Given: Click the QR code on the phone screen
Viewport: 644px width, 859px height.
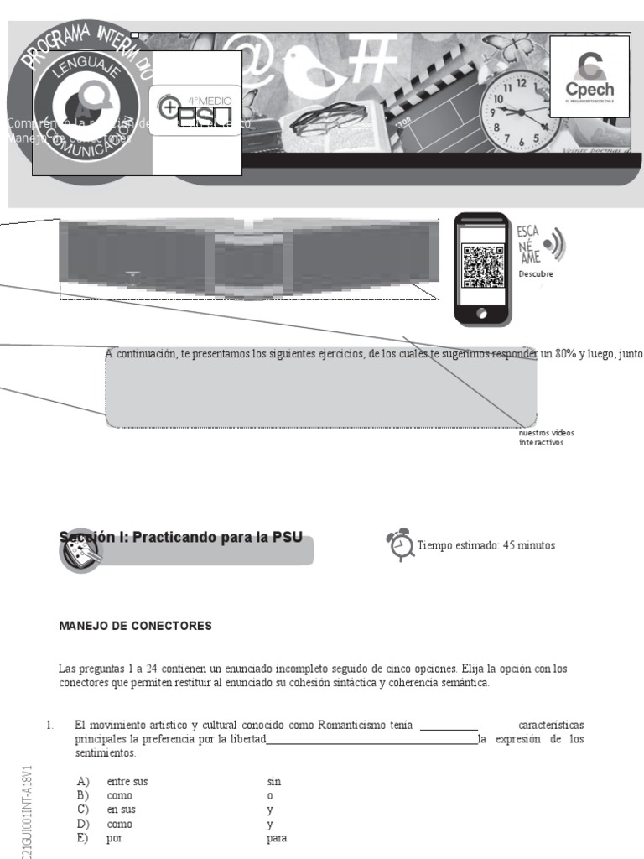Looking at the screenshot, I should [482, 266].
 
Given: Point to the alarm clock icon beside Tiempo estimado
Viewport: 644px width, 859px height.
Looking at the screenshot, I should [400, 544].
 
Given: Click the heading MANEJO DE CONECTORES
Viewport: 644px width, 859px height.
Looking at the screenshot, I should [135, 626].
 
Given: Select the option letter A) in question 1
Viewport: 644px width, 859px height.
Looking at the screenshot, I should [83, 782].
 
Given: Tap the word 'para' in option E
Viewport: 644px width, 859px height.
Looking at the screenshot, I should [277, 839].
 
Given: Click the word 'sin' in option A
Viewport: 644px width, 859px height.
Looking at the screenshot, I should [274, 782].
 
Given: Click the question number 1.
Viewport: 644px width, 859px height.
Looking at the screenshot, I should [50, 725].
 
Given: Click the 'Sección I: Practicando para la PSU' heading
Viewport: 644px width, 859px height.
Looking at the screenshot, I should [180, 537].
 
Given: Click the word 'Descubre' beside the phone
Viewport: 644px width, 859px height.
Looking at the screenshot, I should [536, 273].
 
